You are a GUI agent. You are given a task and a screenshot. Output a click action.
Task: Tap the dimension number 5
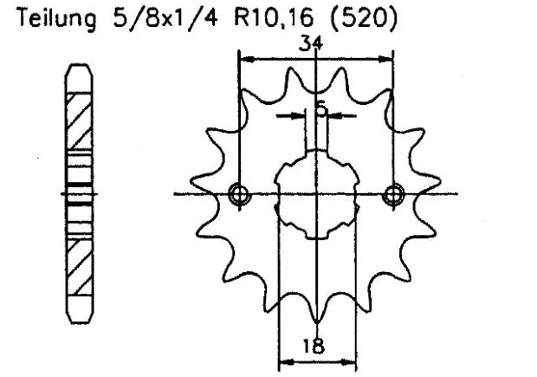pyautogui.click(x=321, y=108)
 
